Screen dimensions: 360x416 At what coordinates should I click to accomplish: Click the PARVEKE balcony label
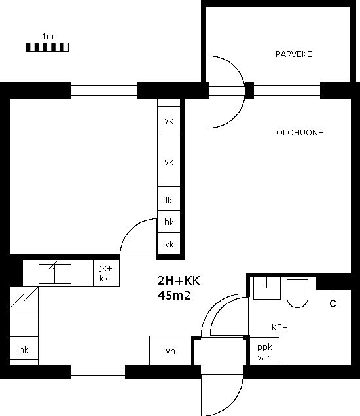pyautogui.click(x=293, y=54)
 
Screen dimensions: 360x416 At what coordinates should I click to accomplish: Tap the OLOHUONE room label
pyautogui.click(x=300, y=133)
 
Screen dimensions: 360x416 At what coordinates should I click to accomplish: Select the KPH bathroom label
pyautogui.click(x=279, y=328)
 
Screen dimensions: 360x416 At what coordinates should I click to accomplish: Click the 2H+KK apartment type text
pyautogui.click(x=179, y=281)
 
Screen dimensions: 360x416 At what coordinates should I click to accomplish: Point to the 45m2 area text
pyautogui.click(x=174, y=295)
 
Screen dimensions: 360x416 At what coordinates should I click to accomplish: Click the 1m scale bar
pyautogui.click(x=47, y=47)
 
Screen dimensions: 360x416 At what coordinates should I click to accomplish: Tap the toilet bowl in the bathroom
pyautogui.click(x=297, y=293)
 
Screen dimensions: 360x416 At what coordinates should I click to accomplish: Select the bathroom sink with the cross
pyautogui.click(x=267, y=288)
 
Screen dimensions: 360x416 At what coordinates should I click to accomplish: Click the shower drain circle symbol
pyautogui.click(x=333, y=303)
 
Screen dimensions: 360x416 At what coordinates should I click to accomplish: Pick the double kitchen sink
pyautogui.click(x=55, y=274)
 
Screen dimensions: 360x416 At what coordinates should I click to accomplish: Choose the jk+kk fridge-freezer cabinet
pyautogui.click(x=106, y=273)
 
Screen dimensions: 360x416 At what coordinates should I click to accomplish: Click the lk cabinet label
pyautogui.click(x=169, y=200)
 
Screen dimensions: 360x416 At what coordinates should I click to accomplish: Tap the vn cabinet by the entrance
pyautogui.click(x=170, y=351)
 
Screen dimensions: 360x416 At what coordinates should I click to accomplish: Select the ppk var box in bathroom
pyautogui.click(x=264, y=351)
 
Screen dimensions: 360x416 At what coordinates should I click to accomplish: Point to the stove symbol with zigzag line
pyautogui.click(x=24, y=298)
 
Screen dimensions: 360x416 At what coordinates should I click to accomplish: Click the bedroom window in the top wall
pyautogui.click(x=104, y=90)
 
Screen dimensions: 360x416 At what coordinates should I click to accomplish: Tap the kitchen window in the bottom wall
pyautogui.click(x=98, y=372)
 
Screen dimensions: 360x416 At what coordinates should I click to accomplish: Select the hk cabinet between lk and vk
pyautogui.click(x=169, y=222)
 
